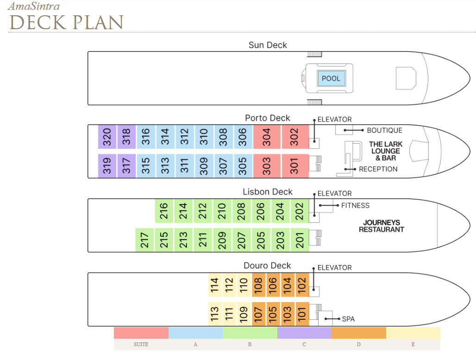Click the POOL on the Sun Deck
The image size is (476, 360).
coord(331,78)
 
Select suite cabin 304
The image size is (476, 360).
coord(267,137)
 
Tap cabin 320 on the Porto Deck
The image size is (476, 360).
coord(107,137)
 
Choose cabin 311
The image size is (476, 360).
coord(184,166)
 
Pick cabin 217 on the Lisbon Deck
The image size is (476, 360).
coord(144,240)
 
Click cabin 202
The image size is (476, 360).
coord(300,211)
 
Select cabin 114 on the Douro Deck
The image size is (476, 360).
coord(215,285)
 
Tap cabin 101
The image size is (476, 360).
coord(302,314)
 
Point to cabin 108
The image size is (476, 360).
coord(258,285)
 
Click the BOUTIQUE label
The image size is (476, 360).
coord(385,130)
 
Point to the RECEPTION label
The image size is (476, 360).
coord(378,169)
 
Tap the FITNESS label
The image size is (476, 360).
coord(356,206)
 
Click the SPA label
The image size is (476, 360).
coord(349,319)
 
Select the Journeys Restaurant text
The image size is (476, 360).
coord(382,226)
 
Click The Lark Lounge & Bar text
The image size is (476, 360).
coord(386,151)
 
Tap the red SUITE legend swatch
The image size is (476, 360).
coord(141,333)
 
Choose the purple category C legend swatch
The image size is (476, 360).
coord(304,333)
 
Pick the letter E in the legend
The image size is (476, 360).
coord(413,344)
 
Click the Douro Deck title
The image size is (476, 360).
coord(267,265)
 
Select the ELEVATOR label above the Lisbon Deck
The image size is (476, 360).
coord(334,194)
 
